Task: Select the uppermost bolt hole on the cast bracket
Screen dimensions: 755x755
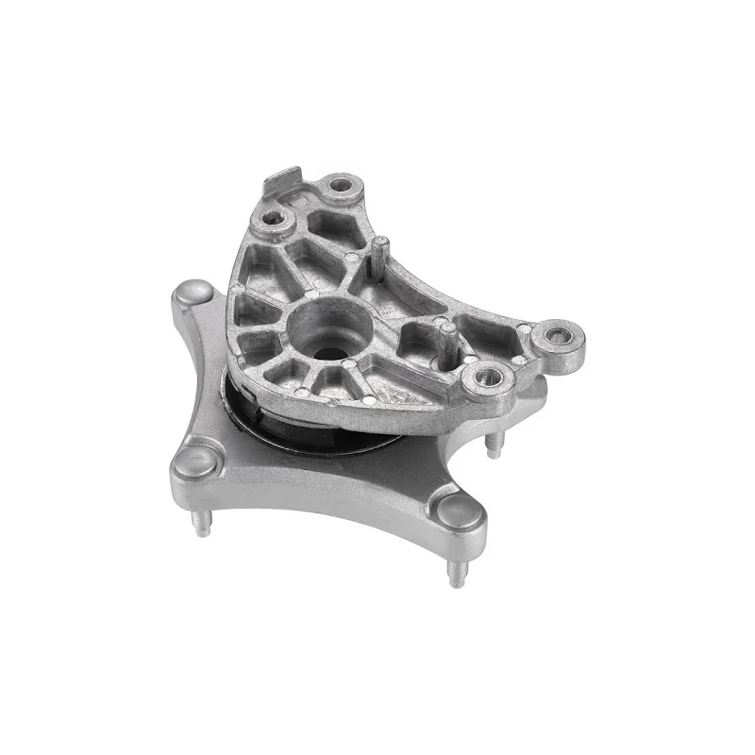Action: click(341, 187)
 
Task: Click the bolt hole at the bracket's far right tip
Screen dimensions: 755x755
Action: click(557, 336)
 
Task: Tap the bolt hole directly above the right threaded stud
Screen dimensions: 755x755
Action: click(489, 378)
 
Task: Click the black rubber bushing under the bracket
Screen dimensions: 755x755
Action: click(283, 429)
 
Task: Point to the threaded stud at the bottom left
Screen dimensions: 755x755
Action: click(200, 522)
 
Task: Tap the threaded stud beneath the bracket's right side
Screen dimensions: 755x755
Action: click(493, 443)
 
